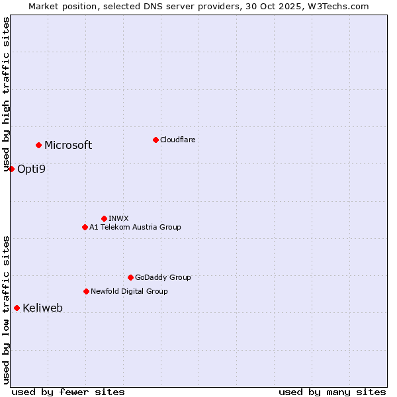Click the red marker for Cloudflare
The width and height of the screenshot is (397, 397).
[155, 140]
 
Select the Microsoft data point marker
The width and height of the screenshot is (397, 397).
[38, 145]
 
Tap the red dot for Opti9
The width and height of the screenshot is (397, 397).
[11, 169]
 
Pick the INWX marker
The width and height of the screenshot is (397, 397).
[104, 218]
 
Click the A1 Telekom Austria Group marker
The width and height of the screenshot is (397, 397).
[85, 227]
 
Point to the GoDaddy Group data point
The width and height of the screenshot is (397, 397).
[130, 277]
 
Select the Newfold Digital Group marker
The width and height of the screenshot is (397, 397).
[86, 291]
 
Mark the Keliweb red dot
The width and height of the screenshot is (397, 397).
[17, 308]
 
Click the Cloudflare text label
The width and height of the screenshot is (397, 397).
[177, 140]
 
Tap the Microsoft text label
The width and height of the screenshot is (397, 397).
[68, 145]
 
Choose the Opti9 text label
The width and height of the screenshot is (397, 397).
[31, 169]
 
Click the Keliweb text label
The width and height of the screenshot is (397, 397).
[42, 308]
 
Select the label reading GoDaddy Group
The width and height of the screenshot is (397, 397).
[163, 277]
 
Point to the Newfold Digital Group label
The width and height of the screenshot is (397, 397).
[129, 291]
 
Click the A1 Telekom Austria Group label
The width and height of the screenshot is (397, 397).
[135, 227]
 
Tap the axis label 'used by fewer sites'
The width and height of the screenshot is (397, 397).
[68, 392]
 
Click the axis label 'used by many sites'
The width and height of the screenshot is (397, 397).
[332, 392]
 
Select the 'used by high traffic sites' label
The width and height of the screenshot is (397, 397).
[6, 95]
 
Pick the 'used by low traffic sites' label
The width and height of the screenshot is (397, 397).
[6, 309]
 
